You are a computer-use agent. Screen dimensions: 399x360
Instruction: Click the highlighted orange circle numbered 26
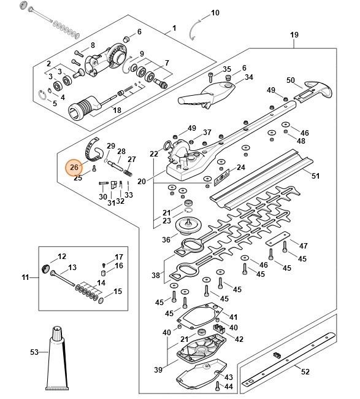[74, 167]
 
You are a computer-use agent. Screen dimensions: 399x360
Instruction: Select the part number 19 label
[294, 35]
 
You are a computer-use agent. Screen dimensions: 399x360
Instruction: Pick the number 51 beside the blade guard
[316, 176]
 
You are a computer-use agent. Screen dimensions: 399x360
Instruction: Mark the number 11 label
[25, 278]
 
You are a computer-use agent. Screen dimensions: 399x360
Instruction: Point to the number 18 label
[117, 110]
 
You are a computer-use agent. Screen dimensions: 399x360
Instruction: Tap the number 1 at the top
[174, 28]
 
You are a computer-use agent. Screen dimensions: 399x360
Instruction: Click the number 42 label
[239, 339]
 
